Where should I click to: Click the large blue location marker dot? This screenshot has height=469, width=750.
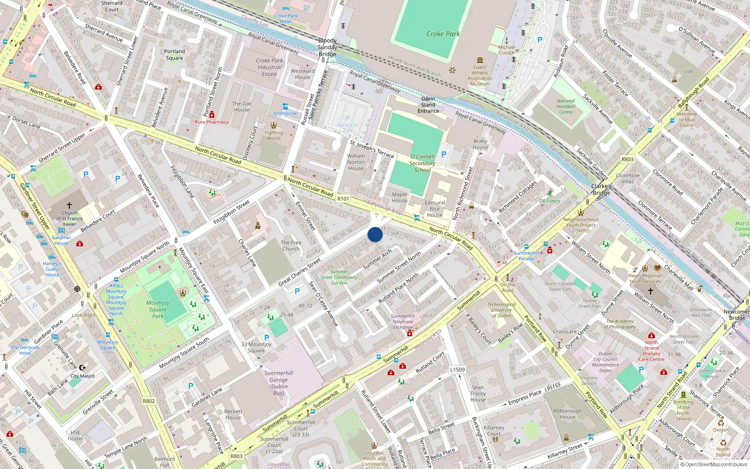(375, 234)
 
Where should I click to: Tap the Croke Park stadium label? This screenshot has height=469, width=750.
(443, 34)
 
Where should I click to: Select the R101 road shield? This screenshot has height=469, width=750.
(343, 199)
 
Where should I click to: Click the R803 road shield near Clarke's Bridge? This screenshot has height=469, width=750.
(627, 159)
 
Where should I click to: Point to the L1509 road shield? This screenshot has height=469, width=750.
(457, 370)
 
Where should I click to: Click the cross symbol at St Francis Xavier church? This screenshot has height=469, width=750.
(69, 205)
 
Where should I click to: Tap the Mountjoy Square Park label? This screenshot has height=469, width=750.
(158, 310)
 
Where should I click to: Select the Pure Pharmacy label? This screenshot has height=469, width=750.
(212, 122)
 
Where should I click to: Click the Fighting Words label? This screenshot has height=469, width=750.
(274, 135)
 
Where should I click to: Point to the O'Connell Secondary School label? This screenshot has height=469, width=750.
(422, 163)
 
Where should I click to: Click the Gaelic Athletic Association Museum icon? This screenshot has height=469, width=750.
(480, 60)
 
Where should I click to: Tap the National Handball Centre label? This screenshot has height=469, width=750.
(566, 106)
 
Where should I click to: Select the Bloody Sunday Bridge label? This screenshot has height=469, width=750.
(327, 47)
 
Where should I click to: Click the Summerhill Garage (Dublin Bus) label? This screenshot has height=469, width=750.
(278, 383)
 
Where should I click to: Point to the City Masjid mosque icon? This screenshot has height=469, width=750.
(82, 368)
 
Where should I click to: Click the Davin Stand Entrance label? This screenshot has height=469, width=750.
(428, 105)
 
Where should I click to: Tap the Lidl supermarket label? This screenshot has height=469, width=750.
(688, 72)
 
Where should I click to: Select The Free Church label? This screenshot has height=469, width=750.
(291, 246)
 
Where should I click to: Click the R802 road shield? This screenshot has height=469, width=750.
(149, 401)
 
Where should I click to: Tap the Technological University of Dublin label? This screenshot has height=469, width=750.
(502, 310)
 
